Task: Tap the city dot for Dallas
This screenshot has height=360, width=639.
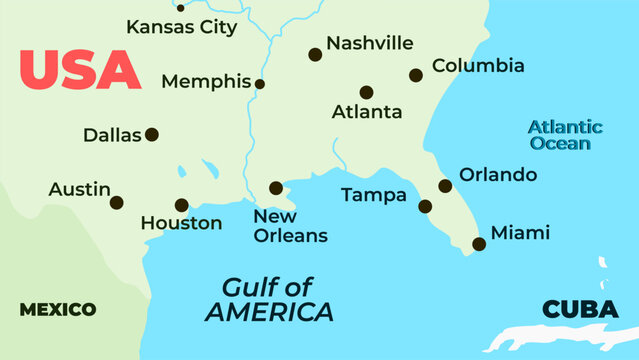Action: click(152, 134)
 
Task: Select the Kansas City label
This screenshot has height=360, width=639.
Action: click(181, 27)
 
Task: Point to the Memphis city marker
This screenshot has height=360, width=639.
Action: click(260, 84)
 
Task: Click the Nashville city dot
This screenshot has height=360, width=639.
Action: click(315, 55)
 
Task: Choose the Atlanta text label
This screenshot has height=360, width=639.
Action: click(367, 112)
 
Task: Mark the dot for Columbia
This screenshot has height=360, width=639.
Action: click(416, 75)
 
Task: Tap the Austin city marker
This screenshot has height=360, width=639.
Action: click(116, 202)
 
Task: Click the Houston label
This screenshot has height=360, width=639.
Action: click(181, 223)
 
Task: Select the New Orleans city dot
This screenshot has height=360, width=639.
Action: click(276, 188)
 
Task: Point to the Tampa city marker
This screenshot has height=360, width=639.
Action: click(425, 207)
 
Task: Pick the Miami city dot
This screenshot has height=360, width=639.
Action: click(479, 244)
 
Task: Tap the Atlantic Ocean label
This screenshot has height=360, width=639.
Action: click(565, 135)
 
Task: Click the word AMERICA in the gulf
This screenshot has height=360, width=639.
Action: click(269, 312)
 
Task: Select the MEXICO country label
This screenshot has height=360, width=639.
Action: click(58, 309)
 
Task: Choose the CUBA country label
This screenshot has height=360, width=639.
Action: click(580, 310)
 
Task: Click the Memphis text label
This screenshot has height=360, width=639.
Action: click(206, 81)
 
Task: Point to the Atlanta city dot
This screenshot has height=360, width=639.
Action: click(367, 92)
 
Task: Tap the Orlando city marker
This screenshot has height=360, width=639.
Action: click(445, 185)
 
